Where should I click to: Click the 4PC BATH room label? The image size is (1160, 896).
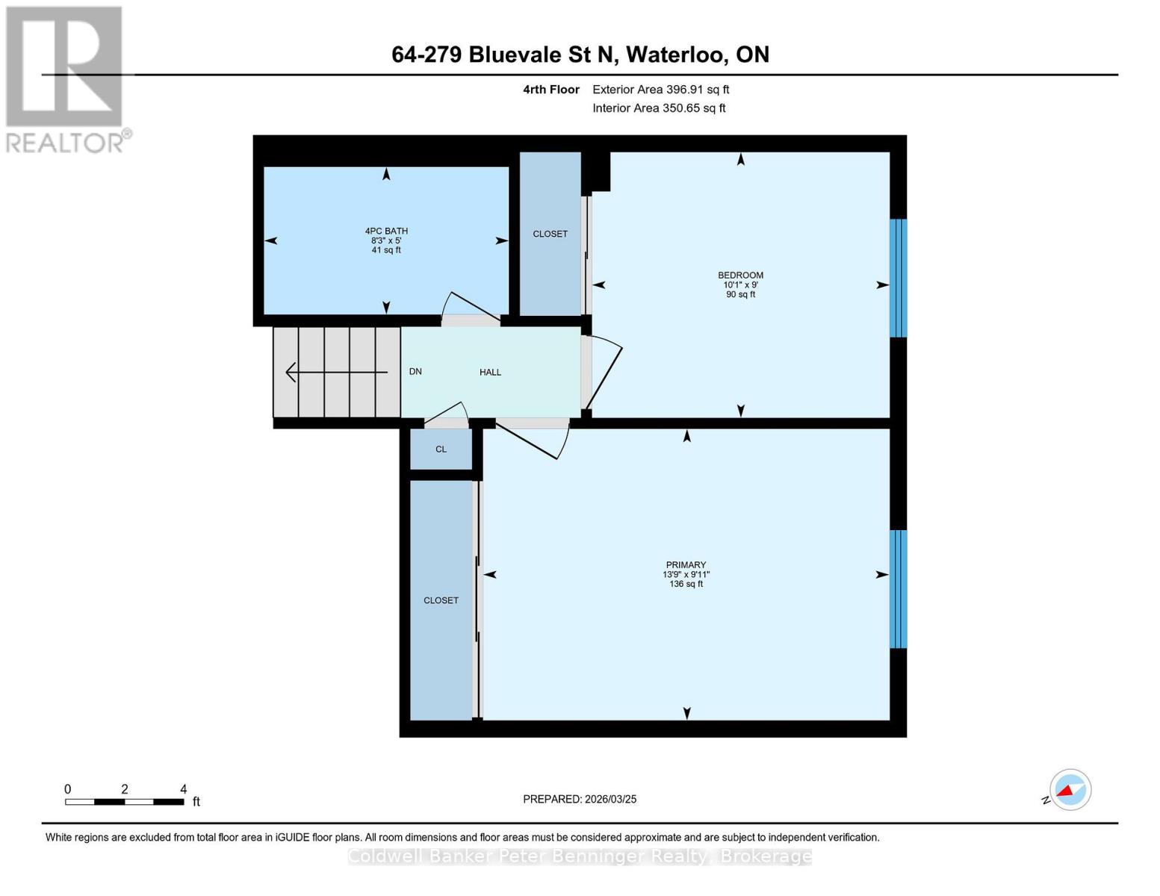[386, 231]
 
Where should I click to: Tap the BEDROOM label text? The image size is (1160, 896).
[740, 276]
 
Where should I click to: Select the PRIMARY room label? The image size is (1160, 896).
[686, 564]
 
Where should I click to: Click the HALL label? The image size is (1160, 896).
[490, 372]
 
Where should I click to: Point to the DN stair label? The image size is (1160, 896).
[415, 371]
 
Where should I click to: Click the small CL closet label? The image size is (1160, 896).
[441, 449]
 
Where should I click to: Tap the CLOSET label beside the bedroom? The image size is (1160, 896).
[550, 234]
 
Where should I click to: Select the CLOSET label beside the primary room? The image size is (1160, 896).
[441, 600]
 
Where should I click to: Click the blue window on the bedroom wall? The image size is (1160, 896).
[899, 278]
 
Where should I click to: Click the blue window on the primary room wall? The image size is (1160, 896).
[899, 589]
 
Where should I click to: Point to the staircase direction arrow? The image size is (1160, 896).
[337, 372]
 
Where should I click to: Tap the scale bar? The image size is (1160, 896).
[125, 802]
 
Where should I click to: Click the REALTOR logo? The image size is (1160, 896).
[65, 80]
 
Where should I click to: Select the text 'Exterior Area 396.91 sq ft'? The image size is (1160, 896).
[661, 90]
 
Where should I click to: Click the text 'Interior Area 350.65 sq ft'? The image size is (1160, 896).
[660, 108]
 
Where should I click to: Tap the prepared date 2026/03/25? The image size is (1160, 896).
[611, 800]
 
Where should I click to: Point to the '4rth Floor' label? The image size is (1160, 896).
[551, 90]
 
